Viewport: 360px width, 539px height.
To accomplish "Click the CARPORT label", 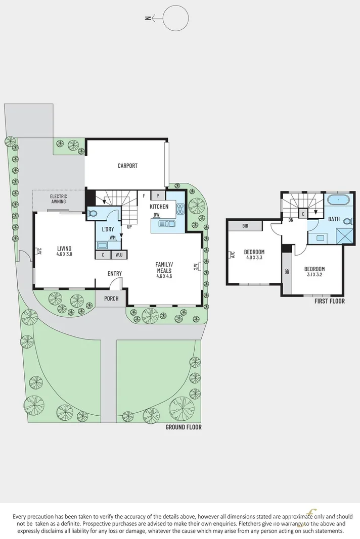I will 127,166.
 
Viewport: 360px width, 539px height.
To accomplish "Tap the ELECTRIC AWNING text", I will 58,199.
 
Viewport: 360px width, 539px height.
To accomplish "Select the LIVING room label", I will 64,249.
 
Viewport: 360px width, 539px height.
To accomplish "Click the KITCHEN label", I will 159,207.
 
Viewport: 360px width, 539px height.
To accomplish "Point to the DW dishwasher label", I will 158,215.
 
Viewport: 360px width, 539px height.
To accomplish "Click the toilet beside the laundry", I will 92,214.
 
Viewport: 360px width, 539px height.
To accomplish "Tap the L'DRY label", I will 107,230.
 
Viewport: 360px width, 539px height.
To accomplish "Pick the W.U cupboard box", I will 119,255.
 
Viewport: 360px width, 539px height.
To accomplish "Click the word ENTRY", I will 115,274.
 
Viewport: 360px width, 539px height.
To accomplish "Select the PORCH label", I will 111,298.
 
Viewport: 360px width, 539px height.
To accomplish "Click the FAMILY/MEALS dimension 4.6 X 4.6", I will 164,276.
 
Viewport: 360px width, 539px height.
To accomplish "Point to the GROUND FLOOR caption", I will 184,427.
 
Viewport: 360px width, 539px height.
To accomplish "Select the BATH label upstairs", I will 334,219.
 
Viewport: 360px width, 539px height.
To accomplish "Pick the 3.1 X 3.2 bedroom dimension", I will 314,275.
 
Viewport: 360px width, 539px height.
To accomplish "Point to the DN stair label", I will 291,220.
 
